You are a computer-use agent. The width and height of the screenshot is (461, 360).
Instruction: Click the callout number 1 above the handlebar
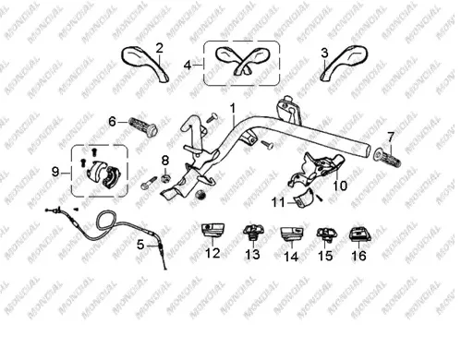pos(233,109)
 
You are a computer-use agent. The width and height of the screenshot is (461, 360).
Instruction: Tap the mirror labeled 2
pos(145,63)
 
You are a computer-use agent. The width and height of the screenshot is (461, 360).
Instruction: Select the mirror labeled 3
pos(345,63)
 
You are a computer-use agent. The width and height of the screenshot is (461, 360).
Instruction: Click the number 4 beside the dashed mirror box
pos(188,66)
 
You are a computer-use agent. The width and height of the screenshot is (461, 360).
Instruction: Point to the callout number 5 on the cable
pos(140,245)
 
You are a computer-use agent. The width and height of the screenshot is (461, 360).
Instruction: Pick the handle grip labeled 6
pos(143,126)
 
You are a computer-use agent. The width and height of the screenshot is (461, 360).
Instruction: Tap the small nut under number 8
pos(166,178)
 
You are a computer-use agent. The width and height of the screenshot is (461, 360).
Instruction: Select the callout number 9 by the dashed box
pos(55,172)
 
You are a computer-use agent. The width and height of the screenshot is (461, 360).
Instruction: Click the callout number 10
pos(340,186)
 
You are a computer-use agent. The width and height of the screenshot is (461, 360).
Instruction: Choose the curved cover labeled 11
pos(306,199)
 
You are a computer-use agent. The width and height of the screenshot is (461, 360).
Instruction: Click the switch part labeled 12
pos(213,231)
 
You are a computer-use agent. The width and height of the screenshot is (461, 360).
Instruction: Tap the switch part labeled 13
pos(253,232)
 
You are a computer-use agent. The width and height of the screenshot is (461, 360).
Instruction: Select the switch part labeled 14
pos(292,234)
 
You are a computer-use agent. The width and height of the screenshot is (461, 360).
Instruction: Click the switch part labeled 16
pos(359,234)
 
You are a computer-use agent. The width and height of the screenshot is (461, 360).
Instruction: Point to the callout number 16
pos(358,256)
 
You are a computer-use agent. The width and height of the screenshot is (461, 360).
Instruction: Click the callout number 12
pos(212,253)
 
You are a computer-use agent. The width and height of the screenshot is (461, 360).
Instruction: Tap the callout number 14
pos(291,257)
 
